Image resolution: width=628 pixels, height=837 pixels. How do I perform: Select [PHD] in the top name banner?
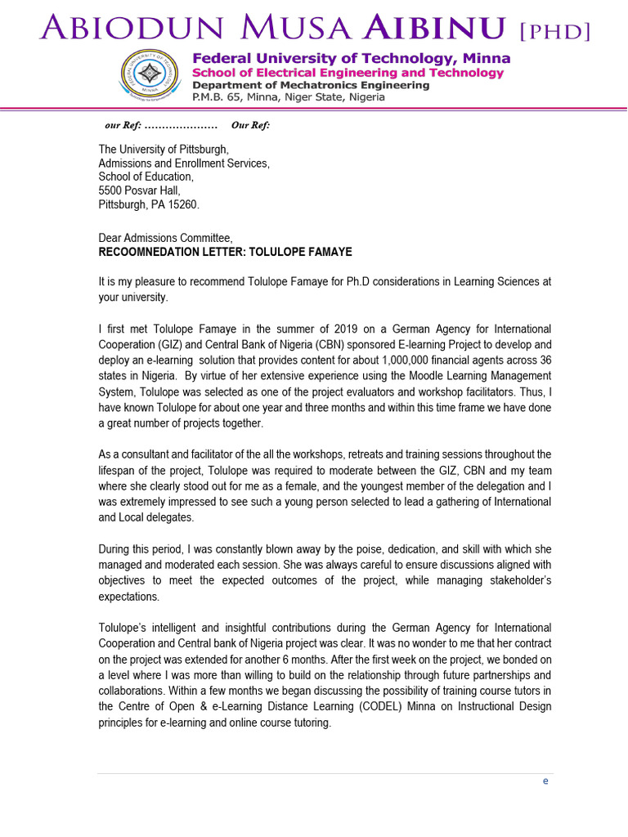(x=554, y=31)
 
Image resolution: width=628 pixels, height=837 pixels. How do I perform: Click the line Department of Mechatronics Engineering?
(x=310, y=85)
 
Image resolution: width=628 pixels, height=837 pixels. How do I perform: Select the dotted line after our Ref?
(x=181, y=125)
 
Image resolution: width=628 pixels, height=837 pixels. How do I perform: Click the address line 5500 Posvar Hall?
(x=139, y=190)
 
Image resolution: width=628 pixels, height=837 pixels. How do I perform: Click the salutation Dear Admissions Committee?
(x=165, y=238)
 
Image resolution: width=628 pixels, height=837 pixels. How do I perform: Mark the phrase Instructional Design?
(x=505, y=706)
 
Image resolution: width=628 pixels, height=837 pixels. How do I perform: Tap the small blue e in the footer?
(x=545, y=781)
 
